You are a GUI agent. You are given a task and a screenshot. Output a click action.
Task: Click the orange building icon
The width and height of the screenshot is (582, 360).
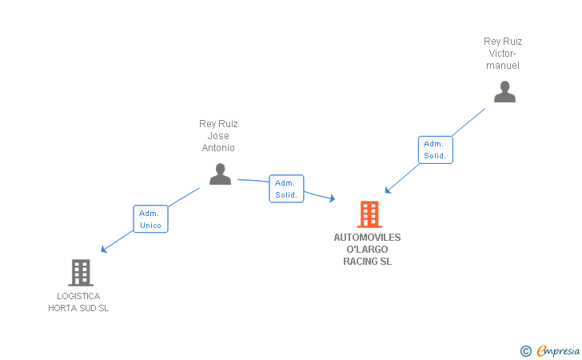click(369, 214)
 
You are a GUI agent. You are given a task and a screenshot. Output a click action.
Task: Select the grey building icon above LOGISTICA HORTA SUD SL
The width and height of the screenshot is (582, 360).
click(81, 272)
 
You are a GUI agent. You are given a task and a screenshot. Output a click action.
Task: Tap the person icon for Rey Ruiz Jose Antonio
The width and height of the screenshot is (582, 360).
click(220, 174)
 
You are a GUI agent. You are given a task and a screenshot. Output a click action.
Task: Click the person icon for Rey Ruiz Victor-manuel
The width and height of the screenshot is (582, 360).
click(504, 91)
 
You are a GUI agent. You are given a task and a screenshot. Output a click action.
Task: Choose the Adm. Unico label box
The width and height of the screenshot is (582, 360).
click(150, 219)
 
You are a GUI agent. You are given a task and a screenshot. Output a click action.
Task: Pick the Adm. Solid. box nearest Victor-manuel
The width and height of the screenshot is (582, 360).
click(436, 150)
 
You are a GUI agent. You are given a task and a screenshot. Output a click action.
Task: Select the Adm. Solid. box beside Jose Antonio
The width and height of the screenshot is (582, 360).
click(286, 189)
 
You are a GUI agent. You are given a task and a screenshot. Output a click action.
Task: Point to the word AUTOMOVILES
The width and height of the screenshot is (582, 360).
click(367, 238)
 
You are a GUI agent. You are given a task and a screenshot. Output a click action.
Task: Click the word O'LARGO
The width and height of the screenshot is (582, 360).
click(367, 250)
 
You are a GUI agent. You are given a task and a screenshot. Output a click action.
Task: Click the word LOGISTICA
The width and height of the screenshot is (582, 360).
click(78, 296)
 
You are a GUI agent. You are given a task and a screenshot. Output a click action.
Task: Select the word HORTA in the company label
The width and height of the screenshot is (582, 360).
click(62, 308)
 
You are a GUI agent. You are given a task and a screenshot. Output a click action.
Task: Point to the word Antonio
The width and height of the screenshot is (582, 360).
click(218, 148)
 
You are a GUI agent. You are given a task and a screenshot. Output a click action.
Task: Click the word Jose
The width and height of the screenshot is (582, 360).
click(218, 136)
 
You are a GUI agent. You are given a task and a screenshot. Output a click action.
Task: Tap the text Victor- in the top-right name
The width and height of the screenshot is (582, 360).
click(502, 54)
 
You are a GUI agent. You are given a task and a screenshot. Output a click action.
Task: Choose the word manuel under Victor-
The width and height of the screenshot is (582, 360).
click(503, 66)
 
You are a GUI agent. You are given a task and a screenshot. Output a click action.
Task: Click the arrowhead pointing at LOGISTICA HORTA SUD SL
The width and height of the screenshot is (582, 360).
click(104, 250)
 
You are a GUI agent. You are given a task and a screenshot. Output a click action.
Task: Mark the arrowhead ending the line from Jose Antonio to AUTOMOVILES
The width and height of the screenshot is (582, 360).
click(333, 198)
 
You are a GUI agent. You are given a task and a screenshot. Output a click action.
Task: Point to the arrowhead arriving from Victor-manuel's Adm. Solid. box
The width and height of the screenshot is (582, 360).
click(388, 190)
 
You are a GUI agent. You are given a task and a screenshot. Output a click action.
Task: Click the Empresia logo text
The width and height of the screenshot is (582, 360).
click(557, 350)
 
